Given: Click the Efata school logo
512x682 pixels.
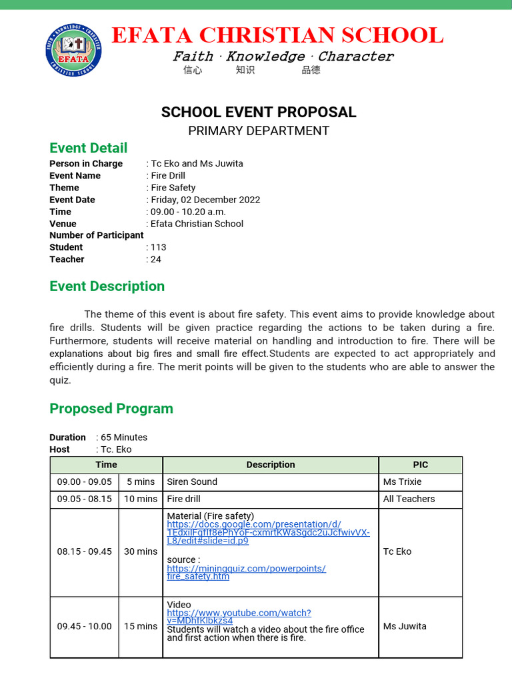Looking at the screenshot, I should tap(73, 49).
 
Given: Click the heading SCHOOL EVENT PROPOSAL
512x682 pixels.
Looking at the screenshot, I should tap(259, 112).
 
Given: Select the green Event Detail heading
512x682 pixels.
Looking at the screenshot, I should tap(89, 148).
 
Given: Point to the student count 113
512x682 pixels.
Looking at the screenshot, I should tap(159, 247).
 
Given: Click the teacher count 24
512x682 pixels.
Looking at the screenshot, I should tap(156, 259).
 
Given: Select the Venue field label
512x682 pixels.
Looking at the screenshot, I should tap(63, 224).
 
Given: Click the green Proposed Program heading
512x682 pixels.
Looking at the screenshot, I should tap(111, 408).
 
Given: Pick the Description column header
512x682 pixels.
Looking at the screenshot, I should tap(270, 465).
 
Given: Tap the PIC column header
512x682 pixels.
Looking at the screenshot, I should tap(420, 465).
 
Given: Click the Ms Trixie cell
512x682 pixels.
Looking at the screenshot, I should tap(402, 482).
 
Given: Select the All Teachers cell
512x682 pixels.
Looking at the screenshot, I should tap(409, 499).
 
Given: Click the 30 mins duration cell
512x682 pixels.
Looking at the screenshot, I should tap(141, 551).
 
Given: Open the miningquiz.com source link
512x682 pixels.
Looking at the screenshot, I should tap(246, 572).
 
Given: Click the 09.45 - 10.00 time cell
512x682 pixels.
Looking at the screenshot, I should tap(84, 626).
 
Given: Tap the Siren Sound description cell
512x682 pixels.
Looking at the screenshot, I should tap(192, 482).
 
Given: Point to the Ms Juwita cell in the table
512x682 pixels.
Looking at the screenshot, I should tap(405, 626).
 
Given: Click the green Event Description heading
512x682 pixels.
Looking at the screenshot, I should tap(107, 286).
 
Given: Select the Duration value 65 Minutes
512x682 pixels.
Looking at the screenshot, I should tap(124, 438).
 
